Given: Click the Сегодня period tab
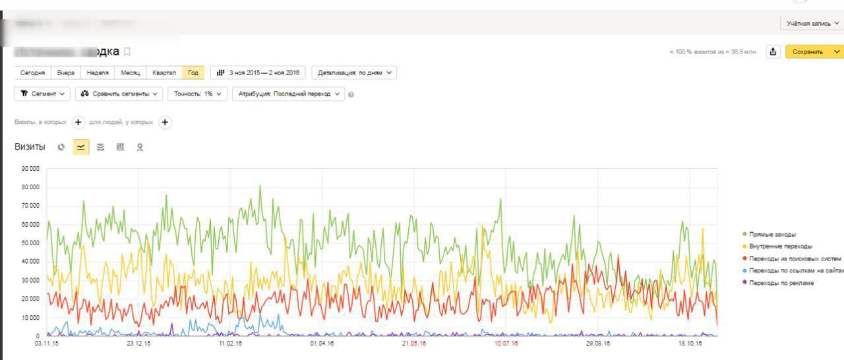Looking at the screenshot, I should pyautogui.click(x=32, y=73).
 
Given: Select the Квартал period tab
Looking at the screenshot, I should pyautogui.click(x=164, y=73).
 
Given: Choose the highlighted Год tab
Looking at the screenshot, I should pyautogui.click(x=193, y=73).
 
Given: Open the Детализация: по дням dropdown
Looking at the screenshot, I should pyautogui.click(x=354, y=73).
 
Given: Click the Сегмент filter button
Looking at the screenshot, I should pyautogui.click(x=42, y=94).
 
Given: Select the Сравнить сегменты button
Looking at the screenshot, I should pyautogui.click(x=119, y=94).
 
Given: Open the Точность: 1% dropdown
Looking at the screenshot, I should pyautogui.click(x=198, y=94).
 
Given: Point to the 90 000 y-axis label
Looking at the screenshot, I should pyautogui.click(x=30, y=169).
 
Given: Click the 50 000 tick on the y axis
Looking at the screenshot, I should pyautogui.click(x=30, y=243).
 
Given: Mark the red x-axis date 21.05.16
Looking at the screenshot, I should pyautogui.click(x=414, y=344).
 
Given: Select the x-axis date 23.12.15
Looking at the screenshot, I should pyautogui.click(x=138, y=344).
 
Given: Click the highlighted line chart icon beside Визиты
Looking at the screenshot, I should pyautogui.click(x=80, y=147).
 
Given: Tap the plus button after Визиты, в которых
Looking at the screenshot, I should pyautogui.click(x=78, y=122).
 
